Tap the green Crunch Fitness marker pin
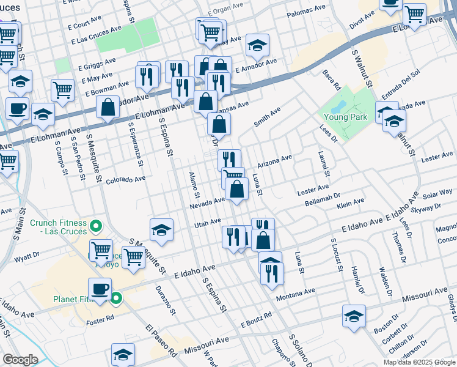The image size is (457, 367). (95, 228)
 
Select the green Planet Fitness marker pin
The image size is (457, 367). (116, 299)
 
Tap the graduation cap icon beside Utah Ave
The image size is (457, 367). (161, 229)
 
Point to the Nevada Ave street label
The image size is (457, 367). (208, 202)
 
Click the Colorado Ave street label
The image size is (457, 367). (125, 180)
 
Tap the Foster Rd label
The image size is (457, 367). (100, 318)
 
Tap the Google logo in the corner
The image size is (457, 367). (20, 360)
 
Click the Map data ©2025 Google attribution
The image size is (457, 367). (420, 362)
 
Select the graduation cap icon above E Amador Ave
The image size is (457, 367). (257, 45)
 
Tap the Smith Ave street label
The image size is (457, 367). (267, 116)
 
